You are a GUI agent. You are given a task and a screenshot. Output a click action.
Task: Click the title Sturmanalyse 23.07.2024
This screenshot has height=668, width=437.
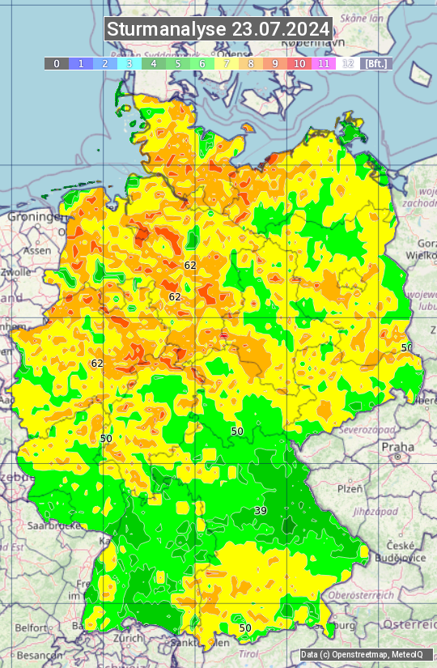[x=218, y=29]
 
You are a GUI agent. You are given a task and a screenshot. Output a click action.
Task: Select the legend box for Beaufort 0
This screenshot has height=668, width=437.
[x=56, y=63]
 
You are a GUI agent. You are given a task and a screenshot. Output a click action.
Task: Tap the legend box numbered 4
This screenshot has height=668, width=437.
[x=153, y=63]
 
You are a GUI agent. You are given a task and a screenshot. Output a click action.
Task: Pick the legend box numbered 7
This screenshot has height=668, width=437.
[x=227, y=63]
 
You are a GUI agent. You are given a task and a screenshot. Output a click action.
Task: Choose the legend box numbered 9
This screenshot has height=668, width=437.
[x=275, y=63]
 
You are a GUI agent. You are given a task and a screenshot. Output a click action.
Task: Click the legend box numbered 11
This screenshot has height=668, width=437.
[x=324, y=63]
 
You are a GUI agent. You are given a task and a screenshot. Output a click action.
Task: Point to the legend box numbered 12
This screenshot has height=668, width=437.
[x=348, y=63]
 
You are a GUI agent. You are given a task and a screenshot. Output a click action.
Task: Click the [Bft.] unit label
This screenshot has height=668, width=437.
[x=375, y=63]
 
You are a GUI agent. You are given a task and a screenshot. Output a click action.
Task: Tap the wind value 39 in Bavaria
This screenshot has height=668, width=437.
[x=261, y=510]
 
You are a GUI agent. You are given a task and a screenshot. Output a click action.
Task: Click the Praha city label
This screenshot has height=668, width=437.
[x=398, y=447]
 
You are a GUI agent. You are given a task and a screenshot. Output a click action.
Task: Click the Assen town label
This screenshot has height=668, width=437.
[x=36, y=251]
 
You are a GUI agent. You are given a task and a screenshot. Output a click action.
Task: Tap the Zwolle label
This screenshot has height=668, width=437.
[x=16, y=272]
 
